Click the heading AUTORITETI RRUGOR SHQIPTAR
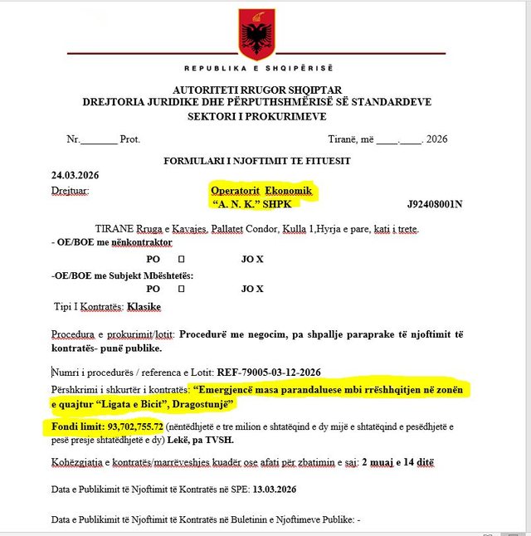click(257, 90)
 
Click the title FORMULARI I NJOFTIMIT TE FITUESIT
click(256, 159)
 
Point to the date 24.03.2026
click(75, 175)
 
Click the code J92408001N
click(435, 203)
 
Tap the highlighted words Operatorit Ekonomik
click(261, 190)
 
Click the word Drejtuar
click(69, 191)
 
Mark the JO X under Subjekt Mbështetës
click(252, 289)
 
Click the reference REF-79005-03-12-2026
click(268, 373)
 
